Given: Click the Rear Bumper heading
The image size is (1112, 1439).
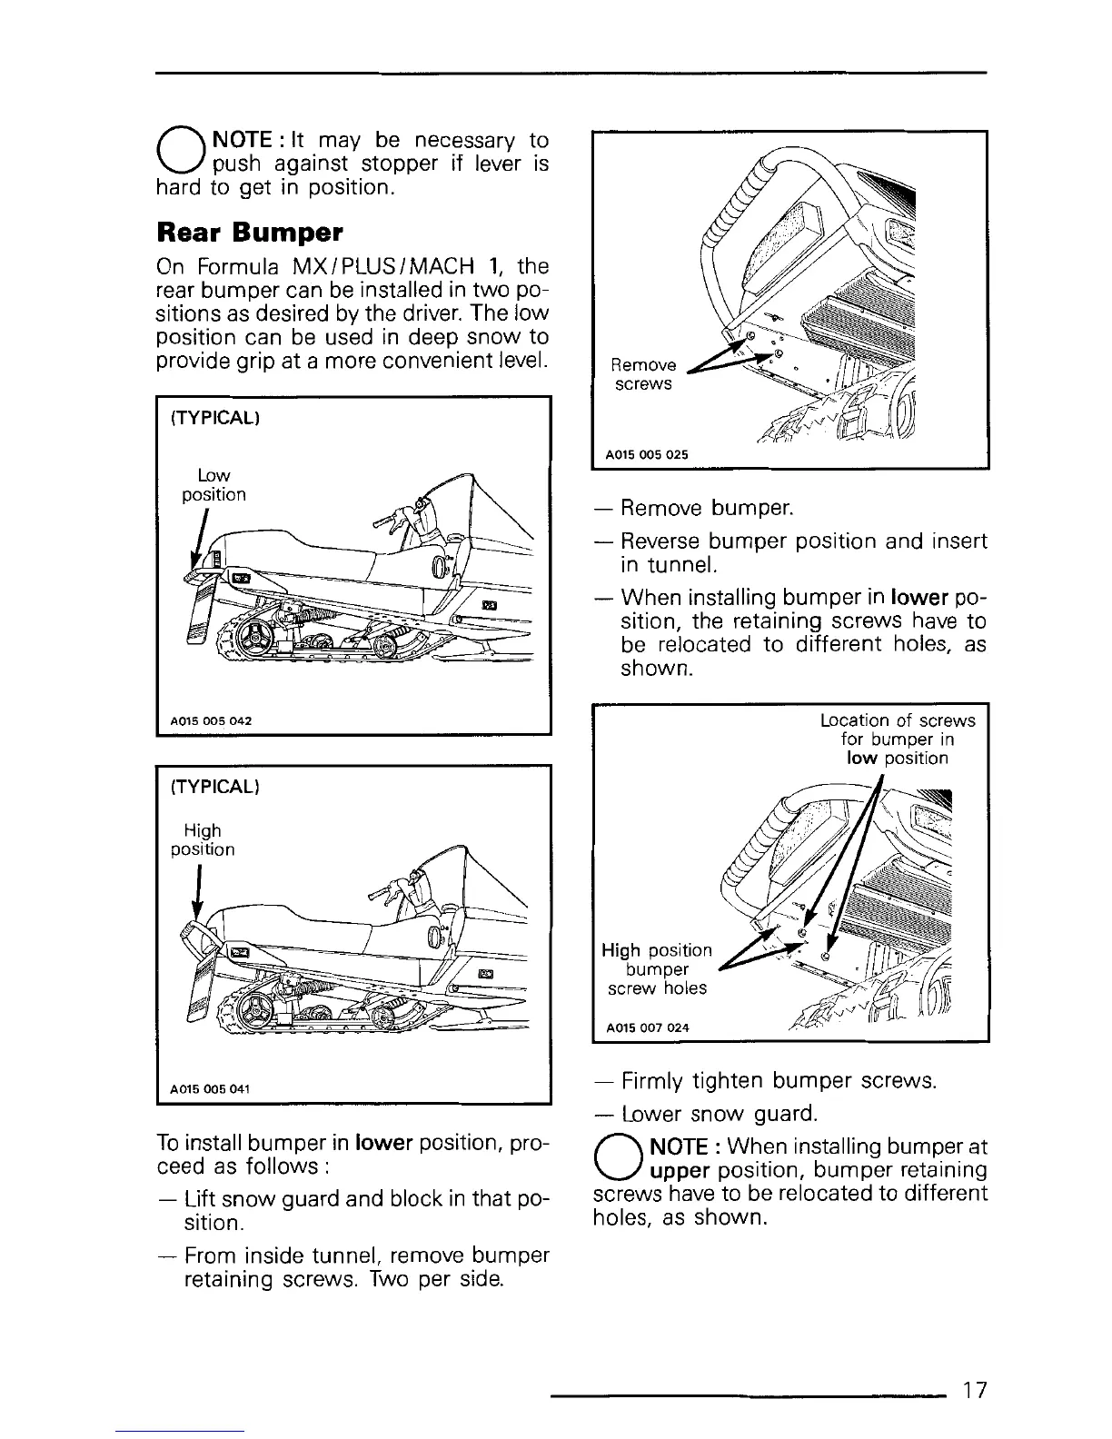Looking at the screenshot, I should pos(250,233).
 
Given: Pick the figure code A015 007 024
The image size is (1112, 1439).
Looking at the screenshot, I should pos(647,1027).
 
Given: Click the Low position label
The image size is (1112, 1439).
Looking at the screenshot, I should pos(213,485).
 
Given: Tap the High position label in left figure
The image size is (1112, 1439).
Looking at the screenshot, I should pos(203,840).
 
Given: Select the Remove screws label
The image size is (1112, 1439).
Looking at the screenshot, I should pos(643,374).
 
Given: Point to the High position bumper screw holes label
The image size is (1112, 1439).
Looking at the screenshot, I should pos(657,968).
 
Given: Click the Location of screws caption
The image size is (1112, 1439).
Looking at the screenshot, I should pos(898,739).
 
